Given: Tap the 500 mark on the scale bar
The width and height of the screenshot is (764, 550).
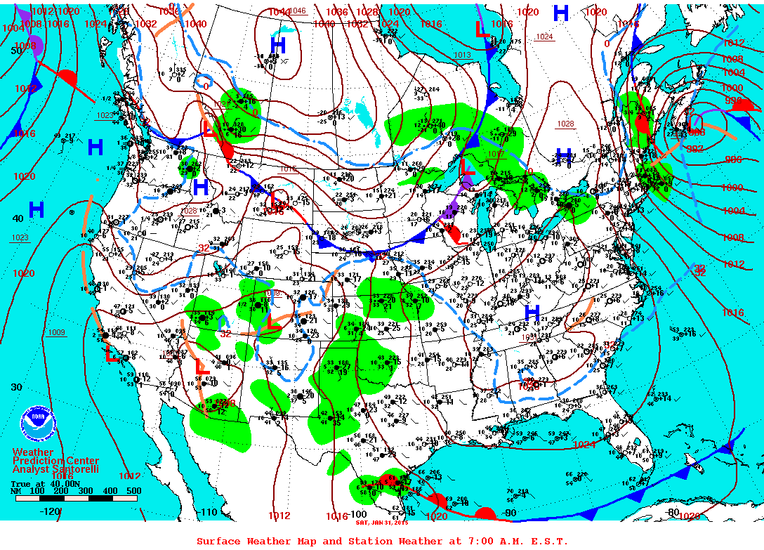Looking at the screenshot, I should pos(133,491).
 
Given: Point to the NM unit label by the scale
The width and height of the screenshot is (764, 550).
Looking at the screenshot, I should pos(16,491).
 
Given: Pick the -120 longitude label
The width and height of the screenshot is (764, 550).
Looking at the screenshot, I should pos(51,512).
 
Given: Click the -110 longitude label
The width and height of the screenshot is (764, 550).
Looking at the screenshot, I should pos(209,512).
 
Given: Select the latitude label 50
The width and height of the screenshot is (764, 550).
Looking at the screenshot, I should pos(16,51).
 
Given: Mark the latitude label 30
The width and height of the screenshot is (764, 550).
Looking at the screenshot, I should pos(16,387).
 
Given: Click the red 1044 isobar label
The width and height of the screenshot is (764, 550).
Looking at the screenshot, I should pos(279,12).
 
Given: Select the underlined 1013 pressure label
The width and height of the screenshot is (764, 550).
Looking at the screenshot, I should pos(462,55).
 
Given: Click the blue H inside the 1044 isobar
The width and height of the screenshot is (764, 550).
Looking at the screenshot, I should pos(278,46).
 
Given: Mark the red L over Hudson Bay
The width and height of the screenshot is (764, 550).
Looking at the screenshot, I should pos(482,30).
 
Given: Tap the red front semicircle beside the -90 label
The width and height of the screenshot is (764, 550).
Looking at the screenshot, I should pos(485,513).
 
